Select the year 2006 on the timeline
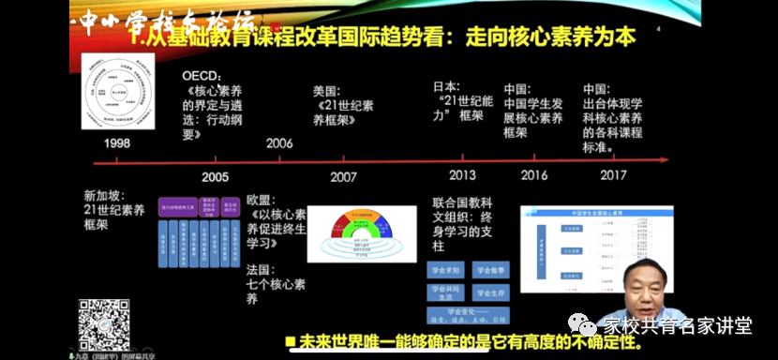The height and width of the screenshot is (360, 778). [278, 143]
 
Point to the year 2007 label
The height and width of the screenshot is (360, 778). [343, 176]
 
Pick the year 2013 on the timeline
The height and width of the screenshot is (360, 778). [462, 175]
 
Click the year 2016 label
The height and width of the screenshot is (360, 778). [534, 175]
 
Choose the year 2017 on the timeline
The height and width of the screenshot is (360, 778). [613, 175]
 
